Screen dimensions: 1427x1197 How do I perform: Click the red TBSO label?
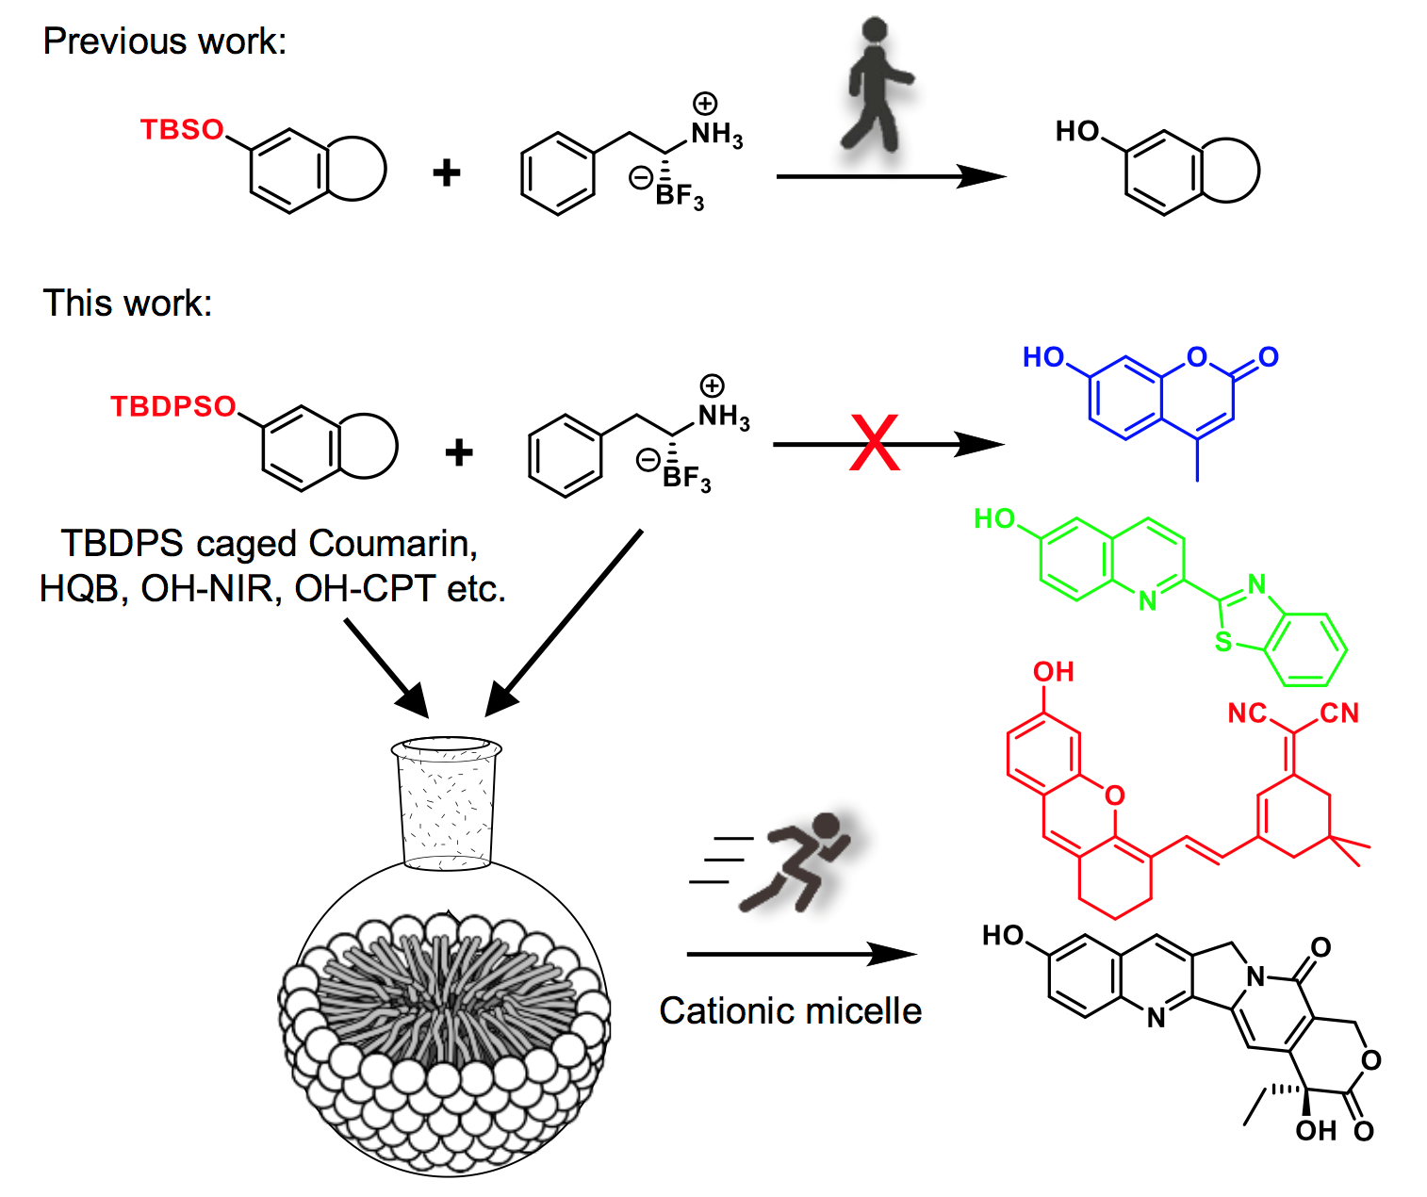click(x=182, y=129)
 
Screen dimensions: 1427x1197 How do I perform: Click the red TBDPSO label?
click(x=172, y=406)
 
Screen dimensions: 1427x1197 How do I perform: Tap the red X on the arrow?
click(x=874, y=442)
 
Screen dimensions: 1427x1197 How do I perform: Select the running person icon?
click(x=796, y=861)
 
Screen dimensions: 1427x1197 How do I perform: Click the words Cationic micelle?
click(x=790, y=1010)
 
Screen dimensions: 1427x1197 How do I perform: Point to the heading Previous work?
click(x=165, y=41)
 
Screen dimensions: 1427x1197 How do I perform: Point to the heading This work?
click(x=127, y=303)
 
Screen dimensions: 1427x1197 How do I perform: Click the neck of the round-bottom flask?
click(x=446, y=807)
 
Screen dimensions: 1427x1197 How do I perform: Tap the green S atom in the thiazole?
click(x=1222, y=641)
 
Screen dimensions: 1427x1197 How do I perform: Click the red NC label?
click(x=1247, y=713)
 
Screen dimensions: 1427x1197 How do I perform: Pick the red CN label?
click(x=1338, y=713)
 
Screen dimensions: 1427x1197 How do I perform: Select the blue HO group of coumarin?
click(x=1042, y=357)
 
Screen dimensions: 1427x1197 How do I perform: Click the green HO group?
click(x=994, y=518)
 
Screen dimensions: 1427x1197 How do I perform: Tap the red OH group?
click(x=1053, y=672)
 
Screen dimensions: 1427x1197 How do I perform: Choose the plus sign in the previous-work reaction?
click(x=446, y=172)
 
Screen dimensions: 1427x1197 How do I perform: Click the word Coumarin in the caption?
click(x=392, y=544)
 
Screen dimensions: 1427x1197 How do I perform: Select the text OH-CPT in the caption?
click(x=365, y=588)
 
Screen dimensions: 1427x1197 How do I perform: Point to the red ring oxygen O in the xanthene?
click(x=1115, y=795)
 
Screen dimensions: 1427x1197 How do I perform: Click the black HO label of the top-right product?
click(x=1077, y=131)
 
